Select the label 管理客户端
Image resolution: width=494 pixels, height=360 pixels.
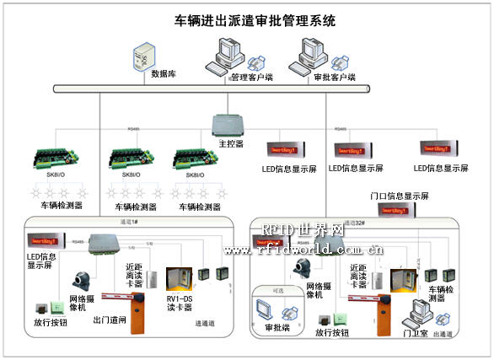point(252,78)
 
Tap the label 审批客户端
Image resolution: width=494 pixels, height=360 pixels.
point(330,77)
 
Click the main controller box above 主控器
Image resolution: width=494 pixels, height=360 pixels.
point(228,124)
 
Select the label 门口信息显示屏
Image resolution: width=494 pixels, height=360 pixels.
point(400,196)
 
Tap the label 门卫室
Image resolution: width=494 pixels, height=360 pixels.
point(416,333)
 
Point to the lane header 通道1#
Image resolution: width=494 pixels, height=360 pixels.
point(131,223)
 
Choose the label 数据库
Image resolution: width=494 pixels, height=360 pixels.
point(164,74)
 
